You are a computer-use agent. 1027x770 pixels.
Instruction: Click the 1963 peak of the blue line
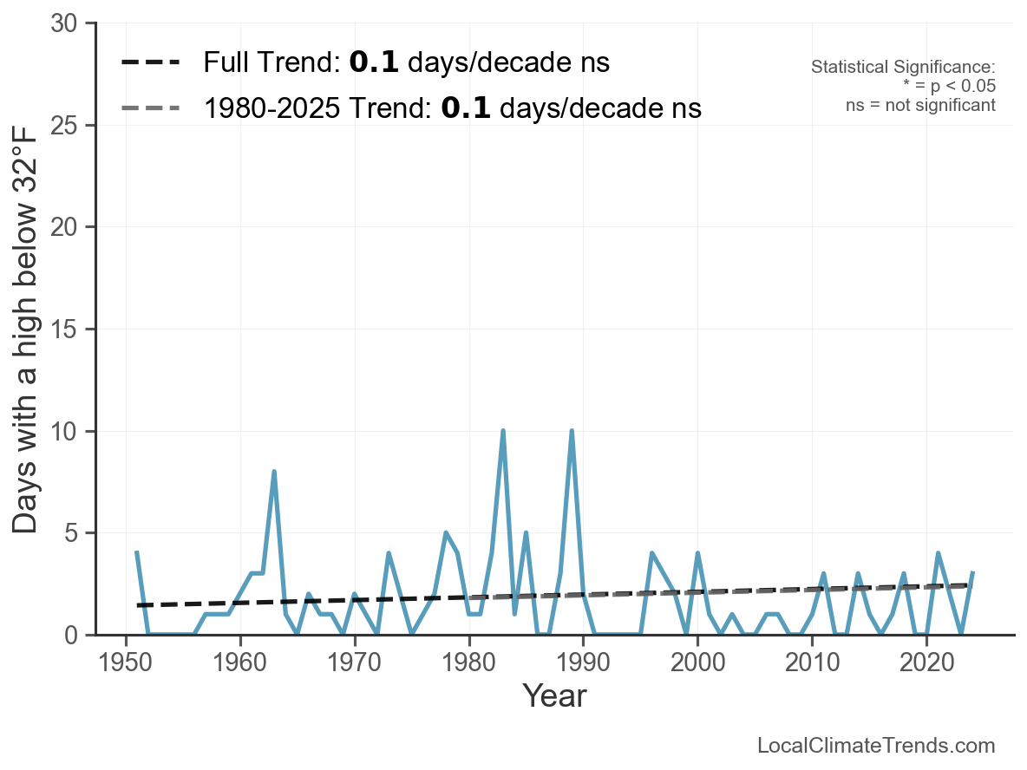(x=274, y=472)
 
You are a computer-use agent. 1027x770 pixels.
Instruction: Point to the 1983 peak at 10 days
(x=502, y=431)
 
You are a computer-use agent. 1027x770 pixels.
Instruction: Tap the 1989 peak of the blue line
(x=571, y=431)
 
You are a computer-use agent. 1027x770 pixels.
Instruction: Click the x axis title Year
(x=554, y=696)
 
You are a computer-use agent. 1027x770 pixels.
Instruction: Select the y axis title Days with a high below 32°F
(x=27, y=330)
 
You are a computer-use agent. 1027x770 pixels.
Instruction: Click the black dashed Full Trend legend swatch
(x=151, y=62)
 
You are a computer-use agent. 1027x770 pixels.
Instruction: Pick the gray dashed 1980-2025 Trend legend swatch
(x=151, y=108)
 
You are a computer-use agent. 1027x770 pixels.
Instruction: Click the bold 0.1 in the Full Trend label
(x=374, y=62)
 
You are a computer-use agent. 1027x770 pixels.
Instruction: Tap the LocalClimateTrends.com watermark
(x=876, y=746)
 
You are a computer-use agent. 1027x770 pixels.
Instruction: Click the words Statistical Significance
(x=903, y=68)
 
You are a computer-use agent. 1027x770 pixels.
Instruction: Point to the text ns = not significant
(x=920, y=105)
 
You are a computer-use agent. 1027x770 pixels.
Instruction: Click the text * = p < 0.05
(x=949, y=87)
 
